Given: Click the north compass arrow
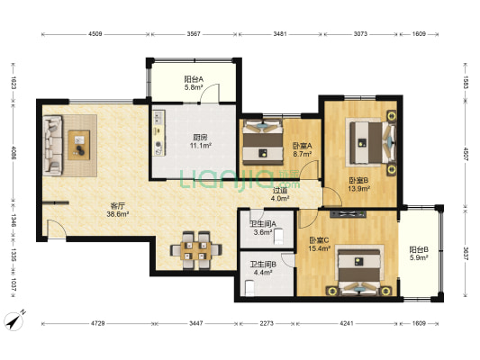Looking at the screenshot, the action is click(x=14, y=321).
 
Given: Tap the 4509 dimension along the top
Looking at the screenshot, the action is click(x=95, y=34).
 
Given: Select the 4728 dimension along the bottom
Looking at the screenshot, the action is click(x=96, y=323).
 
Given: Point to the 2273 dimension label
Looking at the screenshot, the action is click(x=267, y=323).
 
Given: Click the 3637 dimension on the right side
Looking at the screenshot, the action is click(x=466, y=254).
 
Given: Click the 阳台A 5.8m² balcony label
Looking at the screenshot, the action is click(x=194, y=83).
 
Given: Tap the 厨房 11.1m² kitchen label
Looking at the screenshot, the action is click(x=200, y=141).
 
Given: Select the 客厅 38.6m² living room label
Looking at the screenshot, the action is click(x=117, y=210).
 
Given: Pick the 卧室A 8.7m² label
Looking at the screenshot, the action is click(x=303, y=149).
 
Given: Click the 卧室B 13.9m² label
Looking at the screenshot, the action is click(x=358, y=184).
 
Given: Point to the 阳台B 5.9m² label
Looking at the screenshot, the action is click(x=419, y=253).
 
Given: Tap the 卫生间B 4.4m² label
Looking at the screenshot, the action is click(x=263, y=268).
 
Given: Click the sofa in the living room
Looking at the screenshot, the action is click(x=52, y=145).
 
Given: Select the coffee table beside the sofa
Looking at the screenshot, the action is click(x=79, y=145).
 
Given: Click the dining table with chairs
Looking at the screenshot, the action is click(x=196, y=250).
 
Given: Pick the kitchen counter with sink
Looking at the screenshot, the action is click(x=158, y=133).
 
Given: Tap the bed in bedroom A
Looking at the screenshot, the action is click(x=263, y=142).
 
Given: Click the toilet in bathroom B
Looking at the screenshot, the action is click(x=249, y=289).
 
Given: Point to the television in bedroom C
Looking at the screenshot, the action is click(x=348, y=214).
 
